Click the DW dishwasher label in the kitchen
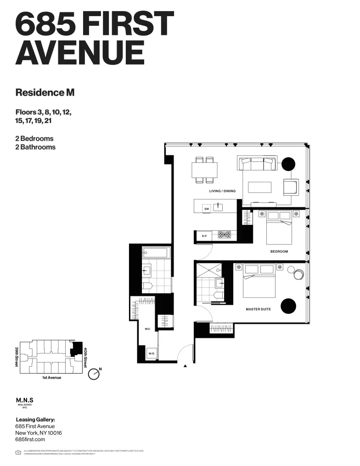pos(207,209)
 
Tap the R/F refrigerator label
pos(204,236)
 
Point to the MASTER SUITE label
pos(258,309)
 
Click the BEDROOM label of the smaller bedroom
pos(279,251)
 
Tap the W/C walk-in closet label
pos(148,329)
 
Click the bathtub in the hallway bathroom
pos(157,252)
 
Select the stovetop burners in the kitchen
pos(225,235)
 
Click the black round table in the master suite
pos(288,305)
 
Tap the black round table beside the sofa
pos(289,163)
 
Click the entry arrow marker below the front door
pos(185,366)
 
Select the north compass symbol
pos(94,374)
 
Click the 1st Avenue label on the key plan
pos(51,378)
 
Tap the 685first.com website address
pos(30,439)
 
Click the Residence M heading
pos(45,92)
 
